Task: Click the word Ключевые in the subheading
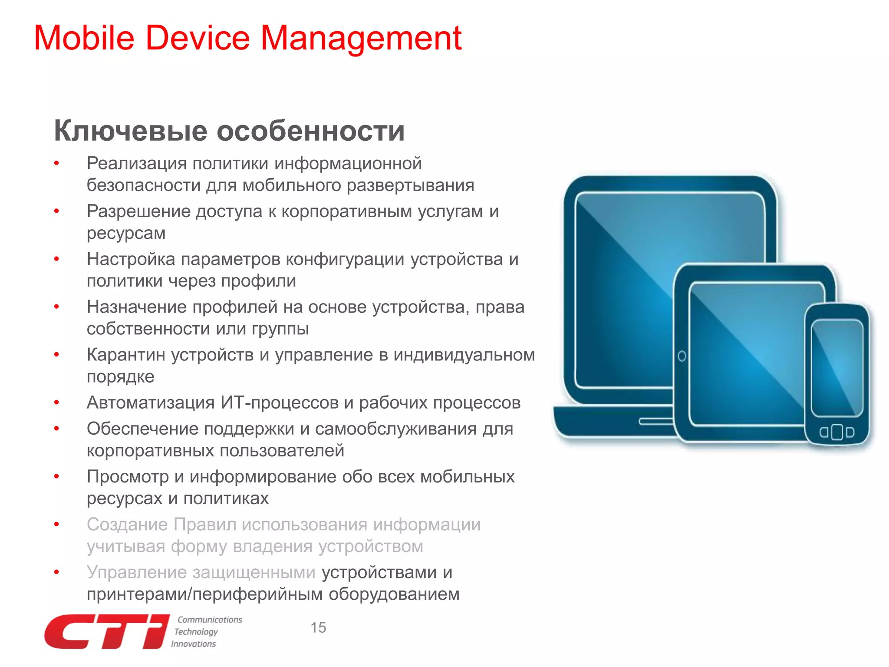[x=130, y=131]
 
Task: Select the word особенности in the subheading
[x=310, y=131]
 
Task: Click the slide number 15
[x=318, y=627]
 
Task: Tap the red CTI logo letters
[x=106, y=632]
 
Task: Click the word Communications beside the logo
[x=210, y=620]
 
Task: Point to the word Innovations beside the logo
[x=194, y=644]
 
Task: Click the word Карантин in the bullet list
[x=126, y=355]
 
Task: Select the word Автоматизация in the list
[x=151, y=403]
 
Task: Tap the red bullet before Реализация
[x=56, y=163]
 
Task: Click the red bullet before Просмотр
[x=56, y=476]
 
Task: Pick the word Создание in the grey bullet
[x=127, y=525]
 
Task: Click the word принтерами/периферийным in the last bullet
[x=204, y=594]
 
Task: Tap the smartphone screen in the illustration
[x=837, y=367]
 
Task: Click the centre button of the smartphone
[x=837, y=432]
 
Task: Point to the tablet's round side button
[x=682, y=357]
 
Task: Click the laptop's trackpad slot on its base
[x=655, y=422]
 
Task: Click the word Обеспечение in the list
[x=142, y=429]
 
